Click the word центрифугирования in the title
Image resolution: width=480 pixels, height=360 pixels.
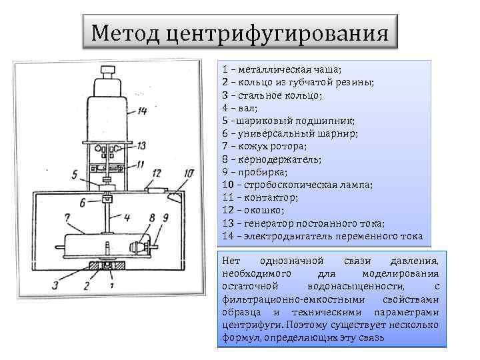point(275,32)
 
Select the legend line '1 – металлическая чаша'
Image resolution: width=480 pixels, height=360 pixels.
point(281,69)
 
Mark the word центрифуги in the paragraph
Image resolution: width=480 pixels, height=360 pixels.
point(250,325)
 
